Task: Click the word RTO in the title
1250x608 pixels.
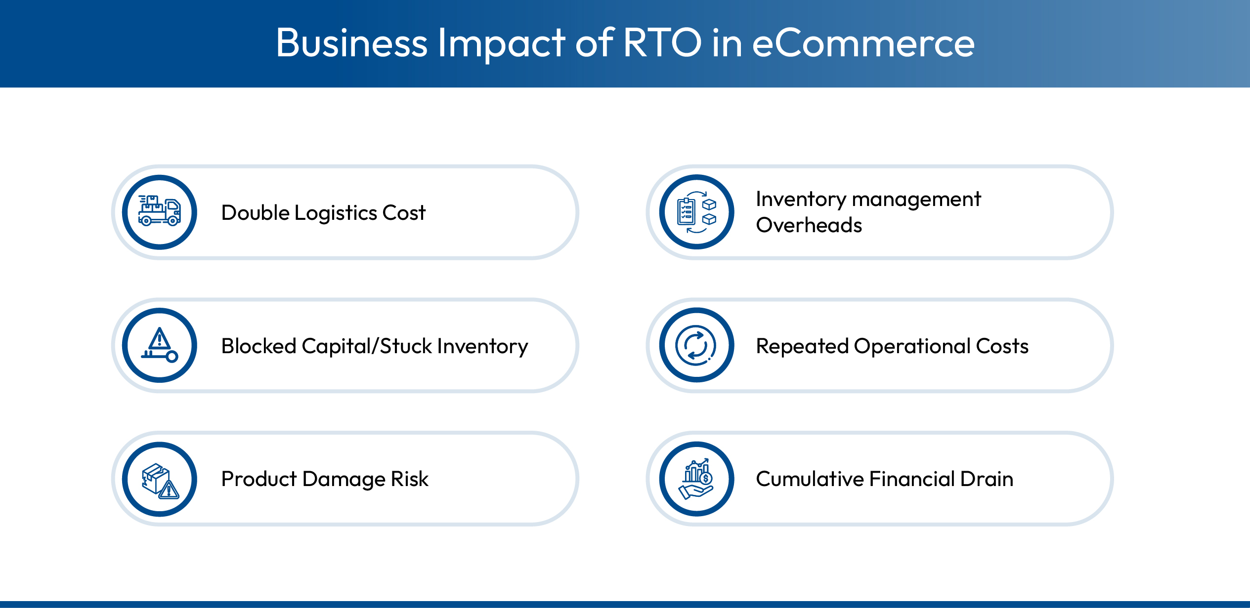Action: pyautogui.click(x=662, y=42)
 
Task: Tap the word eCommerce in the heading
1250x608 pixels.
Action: pyautogui.click(x=863, y=43)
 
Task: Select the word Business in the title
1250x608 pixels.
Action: pyautogui.click(x=351, y=43)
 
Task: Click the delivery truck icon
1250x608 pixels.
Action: pyautogui.click(x=160, y=212)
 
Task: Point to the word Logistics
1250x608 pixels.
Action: pyautogui.click(x=336, y=213)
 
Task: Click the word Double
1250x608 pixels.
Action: pyautogui.click(x=255, y=213)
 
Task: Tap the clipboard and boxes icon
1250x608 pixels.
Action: pyautogui.click(x=696, y=212)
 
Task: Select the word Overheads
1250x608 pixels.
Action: pyautogui.click(x=809, y=225)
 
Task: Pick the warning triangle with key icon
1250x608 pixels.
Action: pyautogui.click(x=160, y=345)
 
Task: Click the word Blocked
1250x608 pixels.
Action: pyautogui.click(x=259, y=346)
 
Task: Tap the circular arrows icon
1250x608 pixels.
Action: pyautogui.click(x=696, y=345)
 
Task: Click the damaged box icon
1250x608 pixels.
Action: pyautogui.click(x=160, y=479)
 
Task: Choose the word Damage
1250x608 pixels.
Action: pyautogui.click(x=344, y=480)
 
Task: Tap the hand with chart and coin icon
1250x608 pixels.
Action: pyautogui.click(x=696, y=479)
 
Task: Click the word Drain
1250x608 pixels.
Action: pyautogui.click(x=986, y=479)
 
